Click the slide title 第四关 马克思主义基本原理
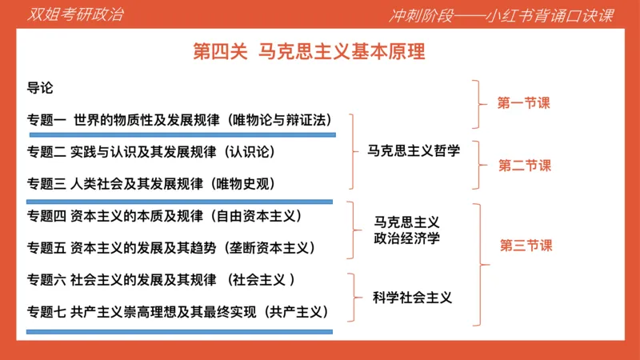pyautogui.click(x=309, y=52)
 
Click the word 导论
pyautogui.click(x=40, y=88)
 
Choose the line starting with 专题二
pyautogui.click(x=150, y=152)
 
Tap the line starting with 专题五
pyautogui.click(x=170, y=247)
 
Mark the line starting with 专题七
pyautogui.click(x=178, y=311)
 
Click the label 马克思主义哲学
pyautogui.click(x=414, y=150)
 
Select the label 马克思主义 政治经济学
pyautogui.click(x=408, y=230)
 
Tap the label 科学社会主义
pyautogui.click(x=413, y=297)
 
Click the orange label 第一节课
pyautogui.click(x=524, y=102)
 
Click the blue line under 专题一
pyautogui.click(x=179, y=136)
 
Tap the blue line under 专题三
pyautogui.click(x=179, y=201)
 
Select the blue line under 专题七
pyautogui.click(x=179, y=330)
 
